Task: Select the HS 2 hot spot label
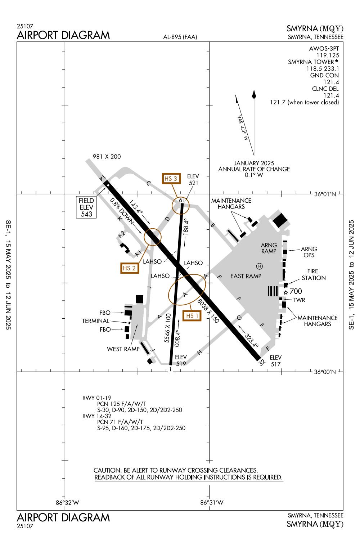pyautogui.click(x=129, y=268)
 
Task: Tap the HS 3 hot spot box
pyautogui.click(x=171, y=178)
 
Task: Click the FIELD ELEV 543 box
pyautogui.click(x=86, y=207)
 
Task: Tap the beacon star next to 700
pyautogui.click(x=286, y=292)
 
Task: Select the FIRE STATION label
pyautogui.click(x=314, y=274)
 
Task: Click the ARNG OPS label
pyautogui.click(x=309, y=252)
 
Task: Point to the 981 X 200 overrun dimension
pyautogui.click(x=107, y=157)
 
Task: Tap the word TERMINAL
pyautogui.click(x=95, y=321)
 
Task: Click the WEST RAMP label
pyautogui.click(x=123, y=349)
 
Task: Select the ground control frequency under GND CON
pyautogui.click(x=331, y=82)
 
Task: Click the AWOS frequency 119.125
pyautogui.click(x=328, y=55)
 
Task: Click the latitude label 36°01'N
pyautogui.click(x=325, y=194)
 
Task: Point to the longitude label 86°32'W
pyautogui.click(x=67, y=503)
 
